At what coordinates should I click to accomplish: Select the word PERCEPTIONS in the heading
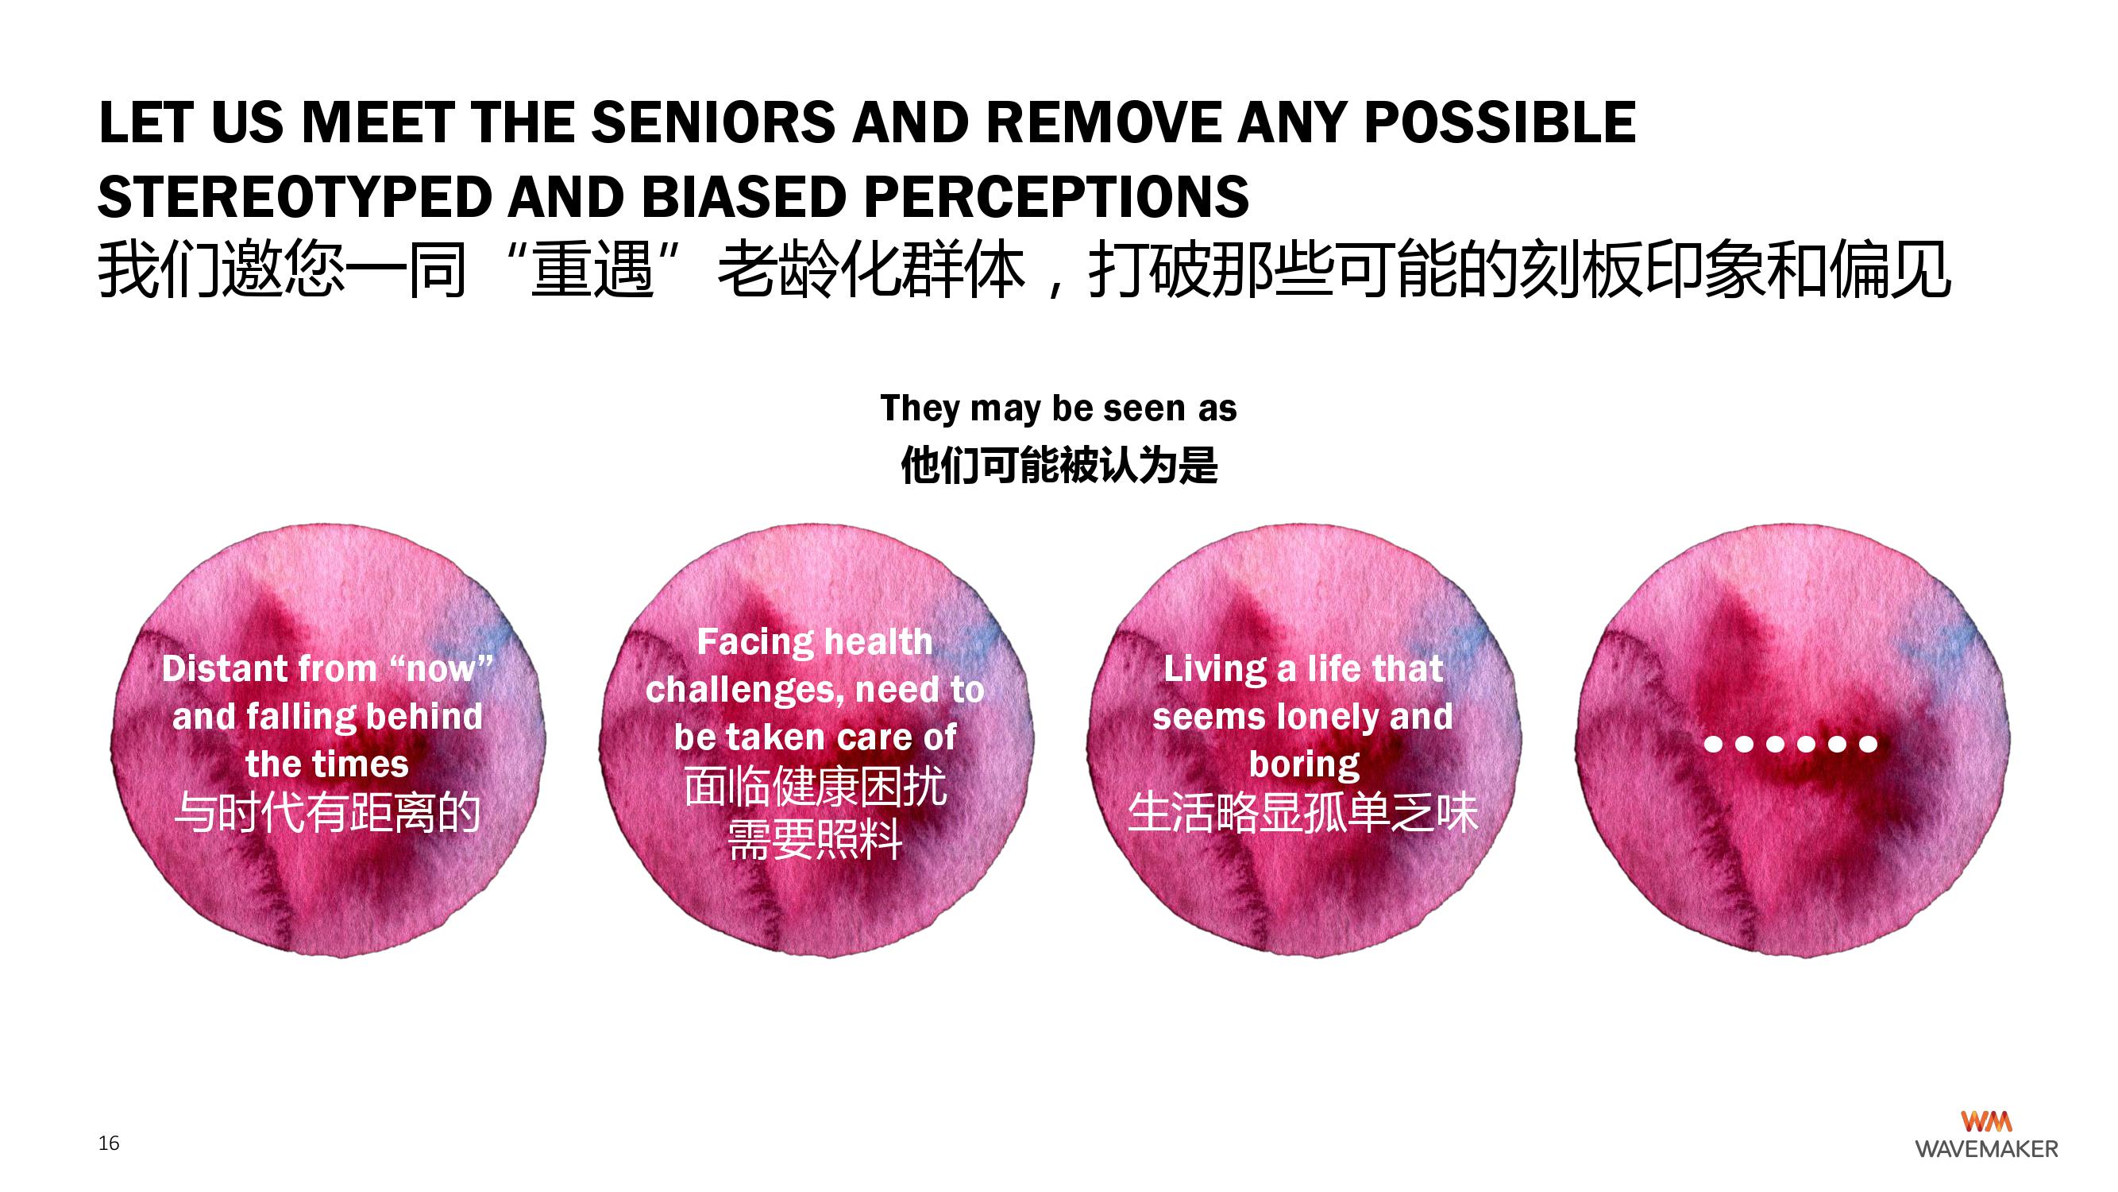1056,197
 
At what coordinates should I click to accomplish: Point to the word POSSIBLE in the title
1499,122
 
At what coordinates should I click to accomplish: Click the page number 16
109,1143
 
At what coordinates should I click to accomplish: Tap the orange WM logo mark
1986,1121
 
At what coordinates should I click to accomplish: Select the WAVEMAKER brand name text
1986,1149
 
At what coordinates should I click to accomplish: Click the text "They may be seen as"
1058,408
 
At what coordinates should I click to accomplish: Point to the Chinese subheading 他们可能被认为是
1059,465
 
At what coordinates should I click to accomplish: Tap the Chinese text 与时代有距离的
328,813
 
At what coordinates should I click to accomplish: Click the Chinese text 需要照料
815,840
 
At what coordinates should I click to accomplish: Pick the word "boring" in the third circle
1304,765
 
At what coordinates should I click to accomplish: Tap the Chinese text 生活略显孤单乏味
1303,813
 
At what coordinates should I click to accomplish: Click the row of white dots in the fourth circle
1791,745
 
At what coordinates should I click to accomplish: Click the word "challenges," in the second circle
746,691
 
